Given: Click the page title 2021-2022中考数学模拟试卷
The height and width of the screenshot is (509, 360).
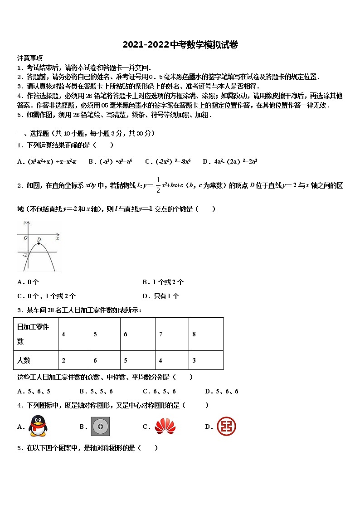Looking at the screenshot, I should tap(180, 44).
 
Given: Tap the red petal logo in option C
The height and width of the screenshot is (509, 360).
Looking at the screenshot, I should tap(165, 426).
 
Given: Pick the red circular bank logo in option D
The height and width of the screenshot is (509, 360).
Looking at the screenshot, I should tap(226, 426).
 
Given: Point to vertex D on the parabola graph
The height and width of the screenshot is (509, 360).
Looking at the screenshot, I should tap(39, 243).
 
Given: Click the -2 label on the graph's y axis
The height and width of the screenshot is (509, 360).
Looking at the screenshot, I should tap(25, 255).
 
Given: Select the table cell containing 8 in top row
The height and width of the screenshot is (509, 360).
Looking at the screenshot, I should tap(206, 334).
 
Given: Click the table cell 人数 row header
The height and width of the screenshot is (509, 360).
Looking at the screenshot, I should tap(36, 360).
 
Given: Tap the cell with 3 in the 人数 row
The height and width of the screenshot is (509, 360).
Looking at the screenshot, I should tap(206, 360).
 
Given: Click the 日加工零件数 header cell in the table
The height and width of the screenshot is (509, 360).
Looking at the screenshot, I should tap(36, 334).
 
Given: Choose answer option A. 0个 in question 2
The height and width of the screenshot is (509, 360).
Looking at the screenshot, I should tap(28, 282).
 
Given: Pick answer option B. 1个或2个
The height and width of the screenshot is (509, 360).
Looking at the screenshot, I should tap(163, 282).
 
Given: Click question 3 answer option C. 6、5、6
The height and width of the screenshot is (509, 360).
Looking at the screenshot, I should tap(159, 391).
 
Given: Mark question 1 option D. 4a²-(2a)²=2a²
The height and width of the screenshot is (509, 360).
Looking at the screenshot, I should tap(230, 161).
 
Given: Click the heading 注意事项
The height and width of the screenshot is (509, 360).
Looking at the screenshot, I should tap(30, 58).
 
